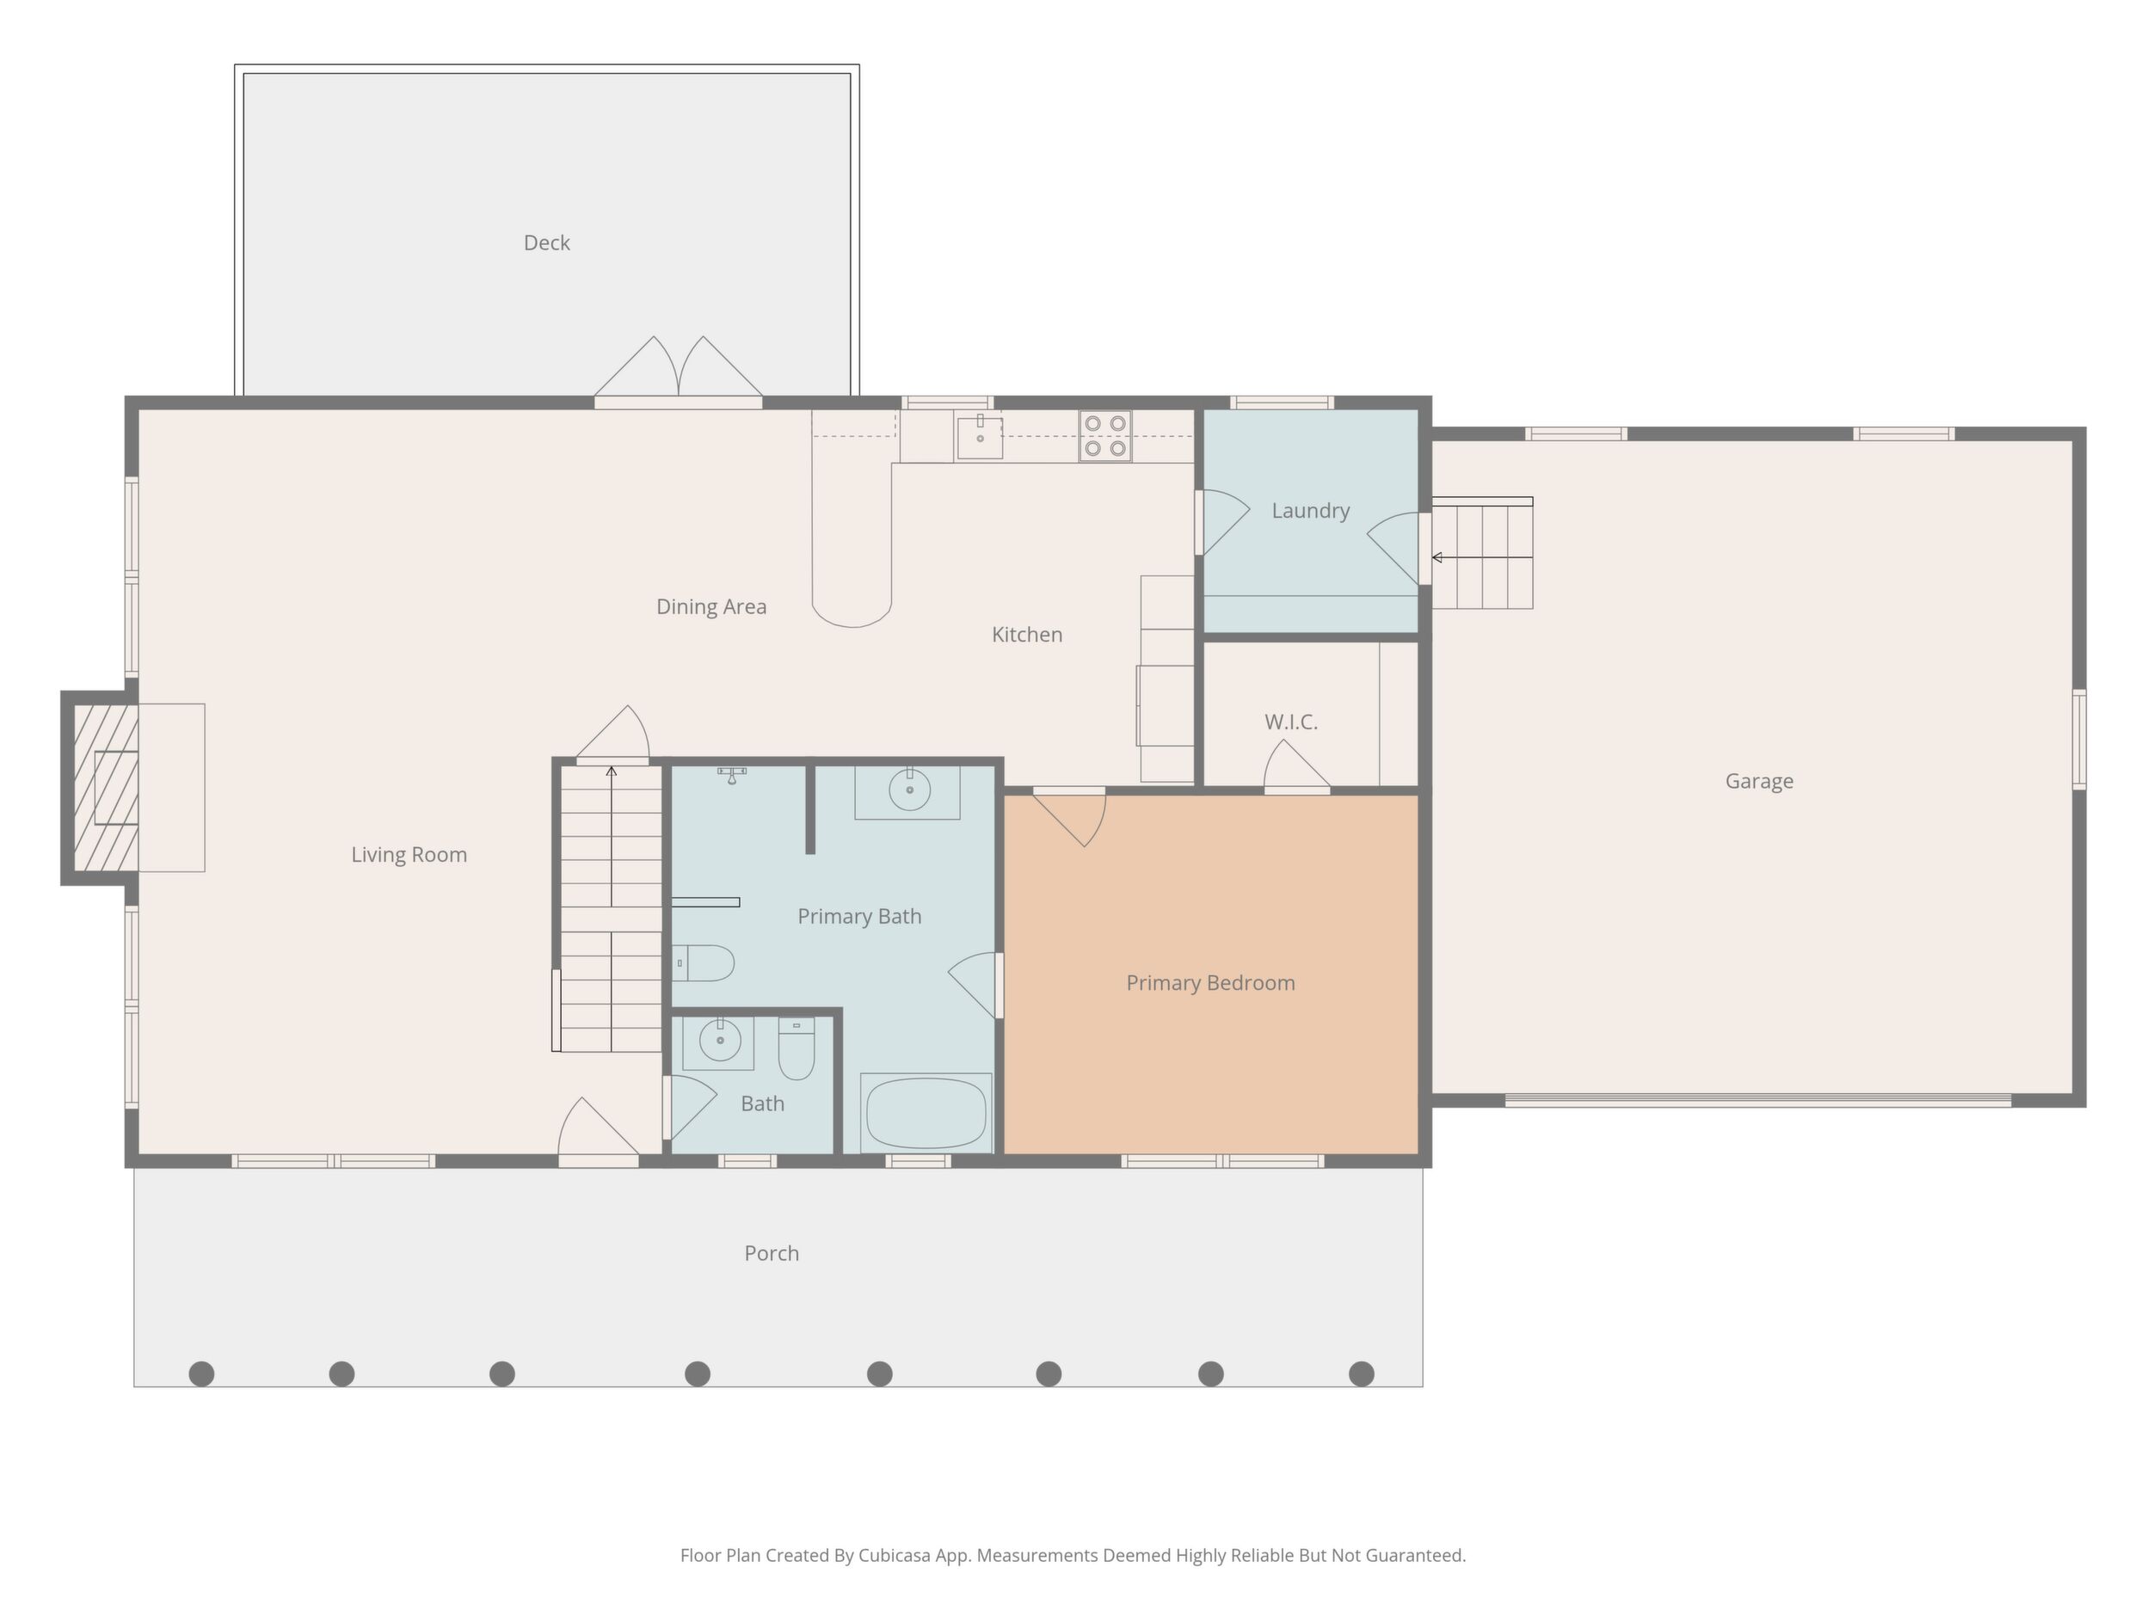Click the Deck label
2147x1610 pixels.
(546, 243)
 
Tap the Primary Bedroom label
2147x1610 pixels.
(1210, 983)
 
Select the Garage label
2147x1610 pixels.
(1759, 781)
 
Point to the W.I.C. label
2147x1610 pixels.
(1291, 722)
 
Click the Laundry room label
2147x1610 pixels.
(1310, 511)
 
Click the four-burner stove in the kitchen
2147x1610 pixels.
(1105, 436)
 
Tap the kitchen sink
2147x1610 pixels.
(980, 436)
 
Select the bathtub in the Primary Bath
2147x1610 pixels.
(926, 1113)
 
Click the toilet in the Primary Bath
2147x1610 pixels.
(703, 963)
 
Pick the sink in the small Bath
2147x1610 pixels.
(719, 1042)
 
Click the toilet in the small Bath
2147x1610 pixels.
(797, 1049)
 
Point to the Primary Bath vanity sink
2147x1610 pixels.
(909, 791)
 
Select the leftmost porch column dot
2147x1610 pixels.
(202, 1373)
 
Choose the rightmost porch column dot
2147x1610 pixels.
(1362, 1373)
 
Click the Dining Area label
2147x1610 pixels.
(711, 606)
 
